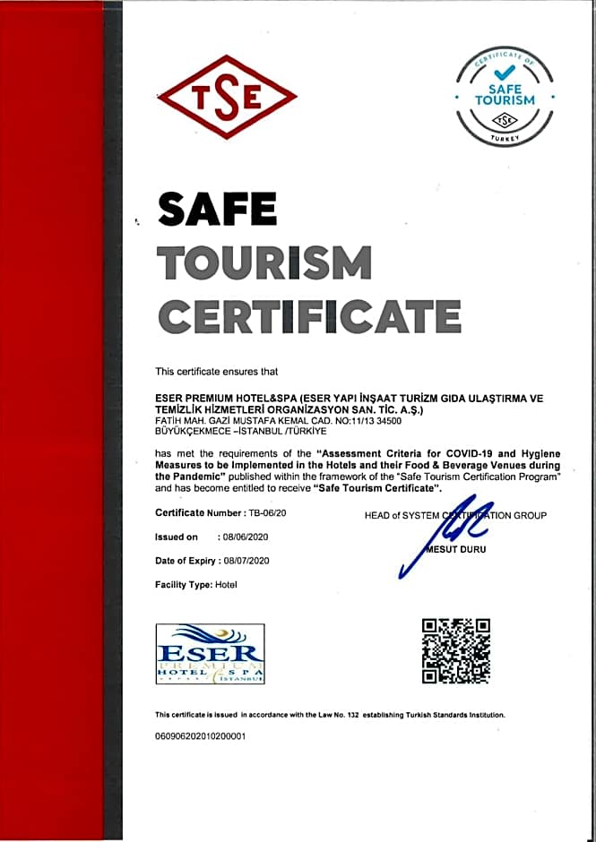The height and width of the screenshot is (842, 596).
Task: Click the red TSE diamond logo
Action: (227, 96)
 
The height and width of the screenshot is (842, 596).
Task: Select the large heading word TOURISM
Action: (264, 262)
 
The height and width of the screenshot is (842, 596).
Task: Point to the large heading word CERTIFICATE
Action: (309, 315)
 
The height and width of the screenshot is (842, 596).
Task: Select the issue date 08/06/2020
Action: (244, 537)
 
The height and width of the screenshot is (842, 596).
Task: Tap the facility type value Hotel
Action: (227, 584)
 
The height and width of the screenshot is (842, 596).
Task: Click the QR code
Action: (455, 651)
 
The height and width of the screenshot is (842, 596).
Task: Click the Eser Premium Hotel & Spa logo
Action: (210, 655)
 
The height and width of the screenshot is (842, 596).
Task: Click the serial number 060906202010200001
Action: (200, 736)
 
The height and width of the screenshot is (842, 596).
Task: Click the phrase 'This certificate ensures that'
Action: (216, 371)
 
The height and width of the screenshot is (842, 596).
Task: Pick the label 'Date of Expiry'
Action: (185, 561)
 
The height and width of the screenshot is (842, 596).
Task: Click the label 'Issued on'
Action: (176, 537)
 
